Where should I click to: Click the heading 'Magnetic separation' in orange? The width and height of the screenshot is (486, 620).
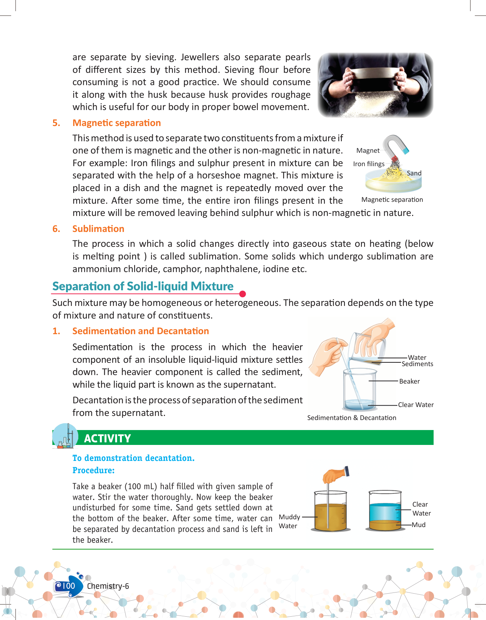coord(117,123)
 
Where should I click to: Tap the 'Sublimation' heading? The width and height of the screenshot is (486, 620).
coord(98,229)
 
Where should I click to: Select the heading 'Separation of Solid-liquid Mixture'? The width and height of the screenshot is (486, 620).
coord(143,286)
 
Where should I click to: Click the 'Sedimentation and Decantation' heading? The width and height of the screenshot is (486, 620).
coord(140,331)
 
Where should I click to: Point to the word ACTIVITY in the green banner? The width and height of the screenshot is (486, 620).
coord(107,439)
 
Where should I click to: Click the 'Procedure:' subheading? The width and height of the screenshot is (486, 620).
coord(93,471)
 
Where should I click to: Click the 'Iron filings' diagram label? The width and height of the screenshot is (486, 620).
coord(369,164)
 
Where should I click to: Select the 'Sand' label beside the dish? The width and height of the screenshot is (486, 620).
coord(414,173)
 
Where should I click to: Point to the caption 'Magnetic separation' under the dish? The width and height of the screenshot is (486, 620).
coord(392,200)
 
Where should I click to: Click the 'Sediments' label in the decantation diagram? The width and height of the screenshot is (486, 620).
coord(417,364)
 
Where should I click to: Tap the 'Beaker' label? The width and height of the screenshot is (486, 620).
coord(409,381)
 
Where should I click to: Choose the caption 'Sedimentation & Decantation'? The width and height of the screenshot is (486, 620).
coord(351,418)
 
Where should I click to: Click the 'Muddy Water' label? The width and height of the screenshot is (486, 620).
coord(289,521)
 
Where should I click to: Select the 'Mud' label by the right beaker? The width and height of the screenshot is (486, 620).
coord(419,525)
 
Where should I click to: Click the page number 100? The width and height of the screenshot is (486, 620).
coord(68,586)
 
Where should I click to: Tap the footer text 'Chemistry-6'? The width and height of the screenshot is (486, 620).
coord(108,586)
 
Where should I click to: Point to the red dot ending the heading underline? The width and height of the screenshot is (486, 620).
coord(243,294)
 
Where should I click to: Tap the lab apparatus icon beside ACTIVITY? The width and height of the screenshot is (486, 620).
coord(65,436)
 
